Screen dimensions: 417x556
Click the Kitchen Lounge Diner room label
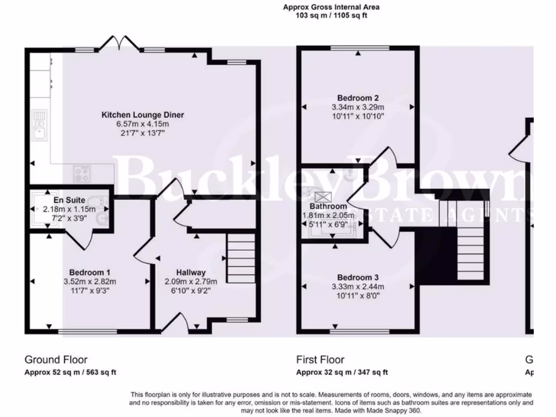[143, 115]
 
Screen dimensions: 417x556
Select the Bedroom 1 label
[90, 273]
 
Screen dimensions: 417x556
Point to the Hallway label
[190, 273]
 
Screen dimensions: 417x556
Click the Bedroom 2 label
[358, 98]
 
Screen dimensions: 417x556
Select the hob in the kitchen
[83, 174]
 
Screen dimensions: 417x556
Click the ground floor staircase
[241, 258]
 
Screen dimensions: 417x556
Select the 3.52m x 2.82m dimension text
[90, 281]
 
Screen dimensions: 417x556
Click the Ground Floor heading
[56, 359]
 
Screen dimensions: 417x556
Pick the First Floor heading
[320, 359]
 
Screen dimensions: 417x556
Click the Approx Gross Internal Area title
[331, 7]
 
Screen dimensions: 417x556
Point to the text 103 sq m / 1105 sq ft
[331, 16]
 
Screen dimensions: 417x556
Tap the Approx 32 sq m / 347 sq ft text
[342, 372]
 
